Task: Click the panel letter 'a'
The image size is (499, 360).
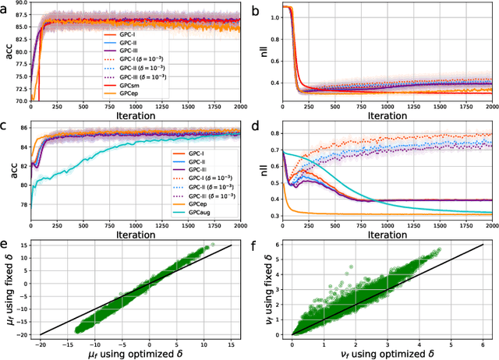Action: coord(5,8)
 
